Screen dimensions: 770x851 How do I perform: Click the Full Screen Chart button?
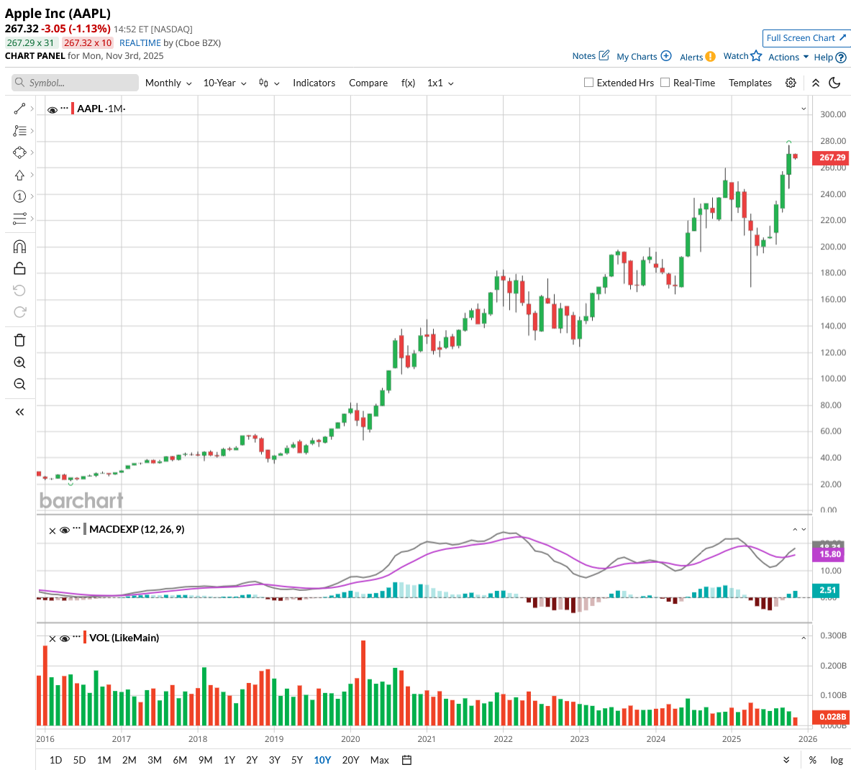click(x=806, y=38)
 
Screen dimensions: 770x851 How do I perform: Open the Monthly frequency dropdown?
click(x=168, y=83)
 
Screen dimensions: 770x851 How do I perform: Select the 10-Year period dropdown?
click(x=224, y=83)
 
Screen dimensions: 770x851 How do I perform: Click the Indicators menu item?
click(x=314, y=83)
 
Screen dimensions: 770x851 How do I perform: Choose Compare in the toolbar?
click(x=368, y=83)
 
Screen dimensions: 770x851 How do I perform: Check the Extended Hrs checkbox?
click(x=589, y=83)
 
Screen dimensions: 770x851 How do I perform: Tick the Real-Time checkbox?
click(x=665, y=83)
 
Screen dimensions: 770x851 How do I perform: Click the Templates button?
click(x=750, y=83)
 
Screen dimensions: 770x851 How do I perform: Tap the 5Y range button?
click(x=297, y=760)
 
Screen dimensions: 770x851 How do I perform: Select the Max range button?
click(x=379, y=760)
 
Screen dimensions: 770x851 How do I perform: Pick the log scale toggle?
click(x=837, y=760)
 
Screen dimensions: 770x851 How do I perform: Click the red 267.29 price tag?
click(x=832, y=157)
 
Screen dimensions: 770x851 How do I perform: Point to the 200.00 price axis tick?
click(x=833, y=247)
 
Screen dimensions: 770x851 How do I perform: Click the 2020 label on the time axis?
click(x=350, y=739)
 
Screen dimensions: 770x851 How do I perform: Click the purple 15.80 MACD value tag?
click(x=830, y=554)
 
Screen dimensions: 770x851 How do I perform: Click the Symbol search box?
click(x=76, y=83)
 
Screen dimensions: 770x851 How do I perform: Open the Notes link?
click(x=591, y=56)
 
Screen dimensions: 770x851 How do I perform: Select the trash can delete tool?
click(x=19, y=340)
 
